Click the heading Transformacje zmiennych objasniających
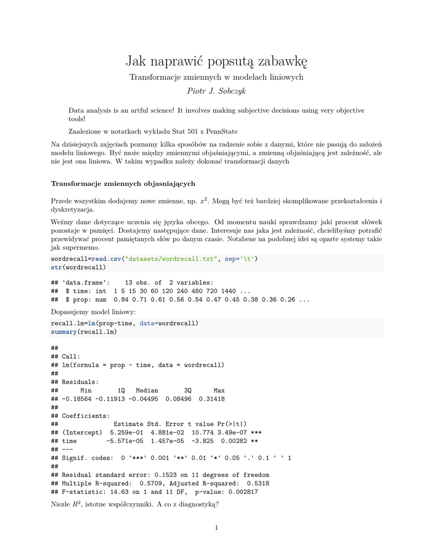click(x=123, y=183)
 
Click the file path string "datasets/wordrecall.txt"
click(x=171, y=259)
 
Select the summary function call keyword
click(x=63, y=331)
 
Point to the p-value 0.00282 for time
click(x=234, y=441)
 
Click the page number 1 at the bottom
click(x=216, y=528)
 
